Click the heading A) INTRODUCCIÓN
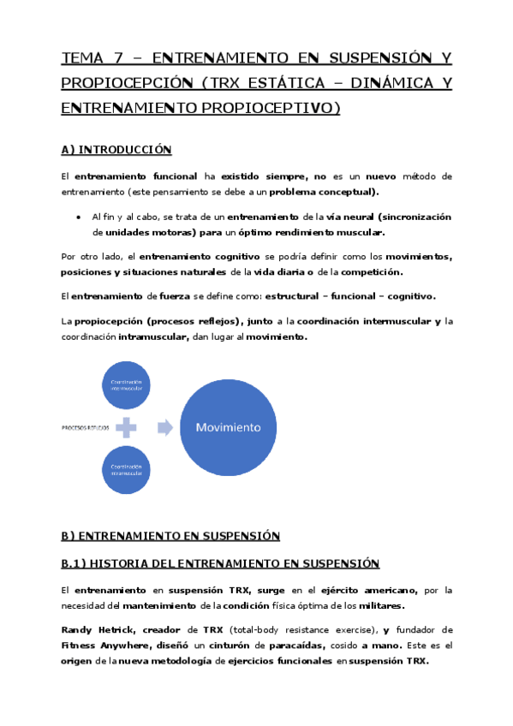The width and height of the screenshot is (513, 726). pyautogui.click(x=116, y=150)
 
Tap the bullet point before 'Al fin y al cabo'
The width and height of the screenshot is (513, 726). pyautogui.click(x=79, y=217)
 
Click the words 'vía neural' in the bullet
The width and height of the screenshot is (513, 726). pyautogui.click(x=326, y=217)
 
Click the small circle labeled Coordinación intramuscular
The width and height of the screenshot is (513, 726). pyautogui.click(x=129, y=469)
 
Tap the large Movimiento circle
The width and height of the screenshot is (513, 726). pyautogui.click(x=229, y=426)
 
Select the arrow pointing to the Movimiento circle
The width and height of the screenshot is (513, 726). pyautogui.click(x=164, y=426)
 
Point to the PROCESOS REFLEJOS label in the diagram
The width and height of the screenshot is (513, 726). pyautogui.click(x=85, y=426)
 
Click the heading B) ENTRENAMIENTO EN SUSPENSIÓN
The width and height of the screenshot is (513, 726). pyautogui.click(x=171, y=535)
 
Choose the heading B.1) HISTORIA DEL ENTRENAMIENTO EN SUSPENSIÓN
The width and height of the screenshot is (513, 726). pyautogui.click(x=220, y=563)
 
